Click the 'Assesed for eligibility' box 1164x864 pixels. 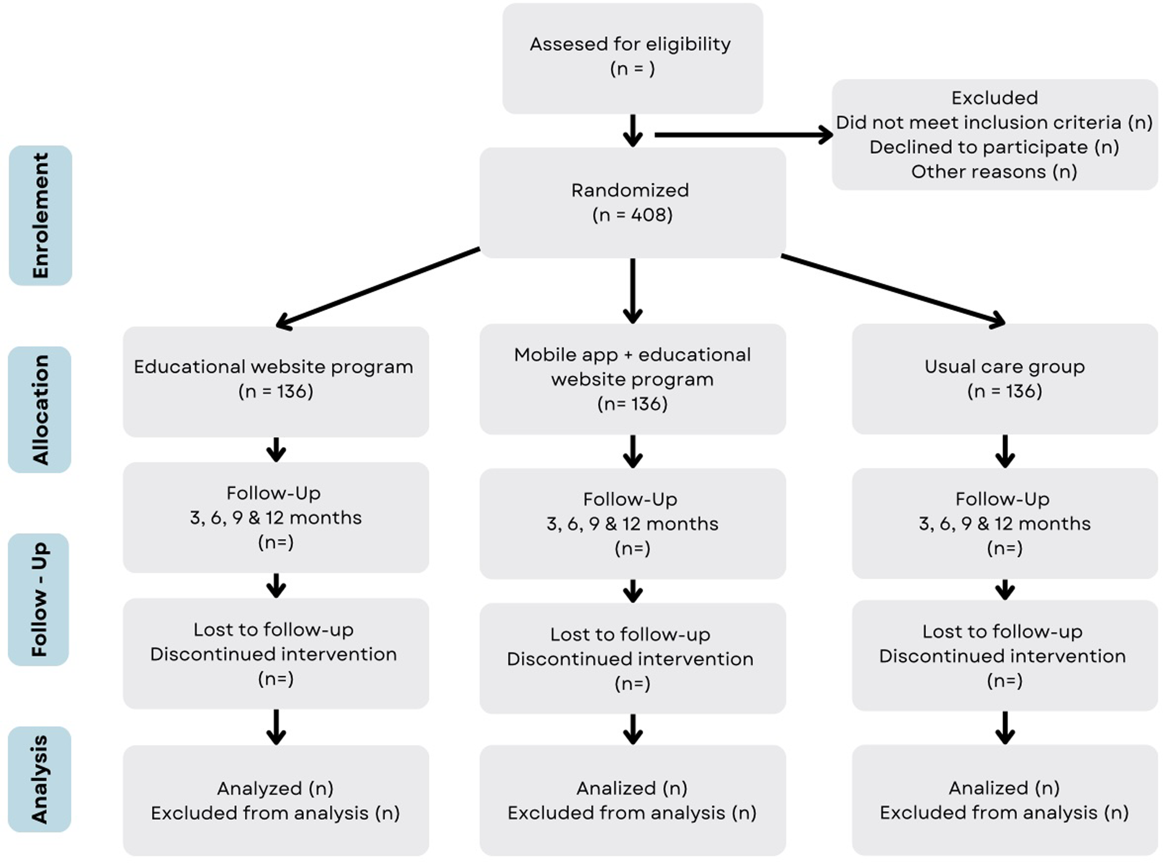[x=632, y=58]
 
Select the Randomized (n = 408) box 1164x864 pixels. [x=632, y=202]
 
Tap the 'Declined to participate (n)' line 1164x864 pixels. [x=994, y=147]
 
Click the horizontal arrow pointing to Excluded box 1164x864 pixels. [x=741, y=135]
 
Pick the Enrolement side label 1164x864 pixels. [x=40, y=216]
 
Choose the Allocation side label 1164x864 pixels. [x=40, y=409]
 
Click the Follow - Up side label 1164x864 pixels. [x=39, y=599]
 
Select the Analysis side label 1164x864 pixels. [x=39, y=779]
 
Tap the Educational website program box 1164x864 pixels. [x=276, y=380]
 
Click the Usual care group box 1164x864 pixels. [x=1005, y=379]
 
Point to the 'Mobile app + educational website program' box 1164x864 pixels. [x=632, y=379]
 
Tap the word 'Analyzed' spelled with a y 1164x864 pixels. [x=259, y=788]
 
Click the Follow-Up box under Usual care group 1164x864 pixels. [x=1005, y=523]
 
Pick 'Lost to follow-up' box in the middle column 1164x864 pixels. [x=632, y=658]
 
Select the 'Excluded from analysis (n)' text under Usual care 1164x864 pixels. [x=1004, y=813]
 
